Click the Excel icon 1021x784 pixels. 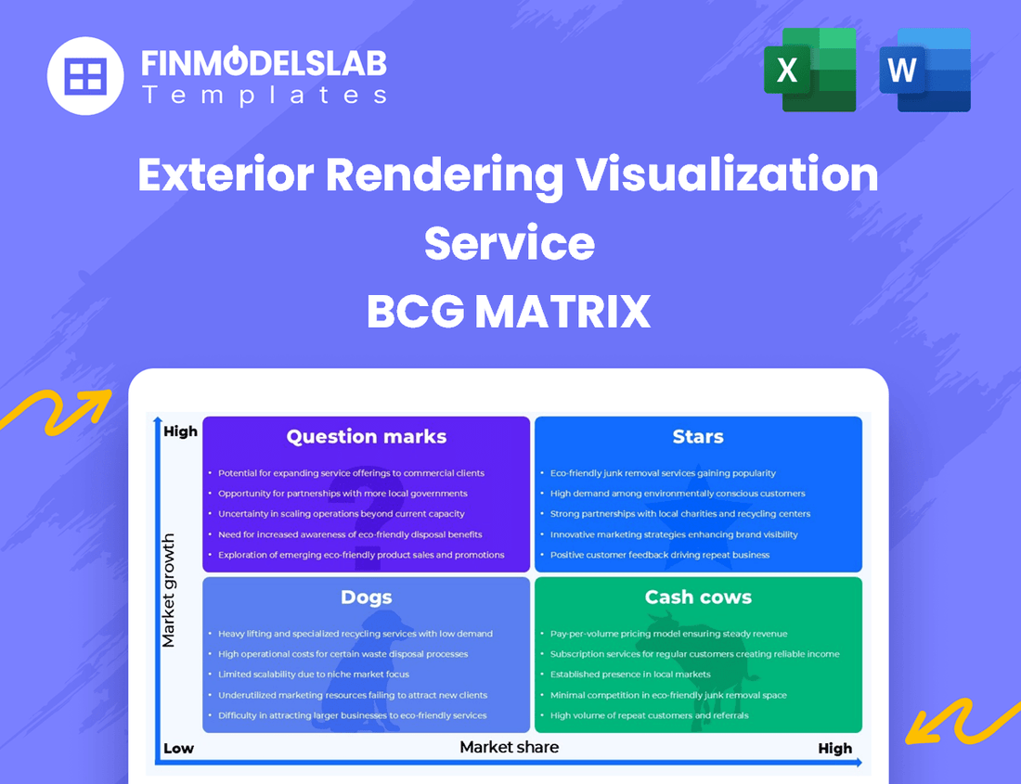(809, 70)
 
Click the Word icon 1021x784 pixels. (924, 70)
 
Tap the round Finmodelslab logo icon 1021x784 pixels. (85, 76)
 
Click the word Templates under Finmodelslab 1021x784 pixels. (264, 95)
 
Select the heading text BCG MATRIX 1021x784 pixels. (509, 313)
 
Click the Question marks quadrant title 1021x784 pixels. (366, 437)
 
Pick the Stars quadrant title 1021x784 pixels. (698, 437)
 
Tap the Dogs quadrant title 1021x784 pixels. (366, 598)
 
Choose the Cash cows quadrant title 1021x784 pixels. (698, 598)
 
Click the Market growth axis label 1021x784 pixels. (168, 590)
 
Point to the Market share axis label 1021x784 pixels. (510, 746)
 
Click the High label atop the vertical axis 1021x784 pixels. (180, 431)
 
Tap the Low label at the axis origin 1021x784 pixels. (178, 749)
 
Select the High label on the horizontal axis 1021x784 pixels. (834, 749)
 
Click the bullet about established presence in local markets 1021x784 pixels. (630, 675)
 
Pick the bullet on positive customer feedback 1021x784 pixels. (659, 555)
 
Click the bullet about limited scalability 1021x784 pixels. (314, 675)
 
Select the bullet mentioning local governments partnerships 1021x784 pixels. (342, 494)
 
